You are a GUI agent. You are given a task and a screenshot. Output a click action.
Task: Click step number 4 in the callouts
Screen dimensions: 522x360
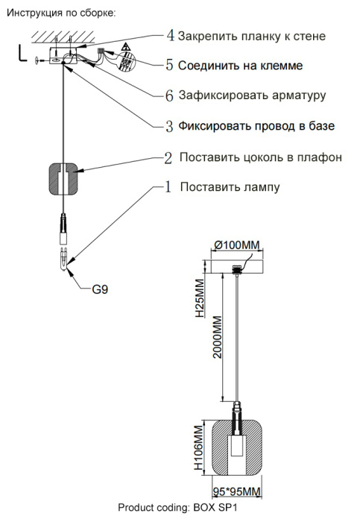pos(170,35)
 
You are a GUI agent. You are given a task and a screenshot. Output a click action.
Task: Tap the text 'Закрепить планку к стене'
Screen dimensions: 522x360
pos(252,36)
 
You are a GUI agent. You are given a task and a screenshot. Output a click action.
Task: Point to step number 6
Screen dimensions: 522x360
pos(170,95)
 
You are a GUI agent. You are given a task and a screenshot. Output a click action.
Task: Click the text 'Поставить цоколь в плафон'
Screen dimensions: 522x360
pos(261,157)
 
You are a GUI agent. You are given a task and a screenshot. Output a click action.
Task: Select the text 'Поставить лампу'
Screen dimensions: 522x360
pos(230,186)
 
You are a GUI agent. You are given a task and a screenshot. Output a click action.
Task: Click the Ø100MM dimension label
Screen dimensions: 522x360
pos(238,245)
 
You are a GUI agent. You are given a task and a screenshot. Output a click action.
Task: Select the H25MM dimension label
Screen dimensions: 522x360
pos(200,299)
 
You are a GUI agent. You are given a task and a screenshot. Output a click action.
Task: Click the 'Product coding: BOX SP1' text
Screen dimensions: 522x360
pos(177,508)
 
